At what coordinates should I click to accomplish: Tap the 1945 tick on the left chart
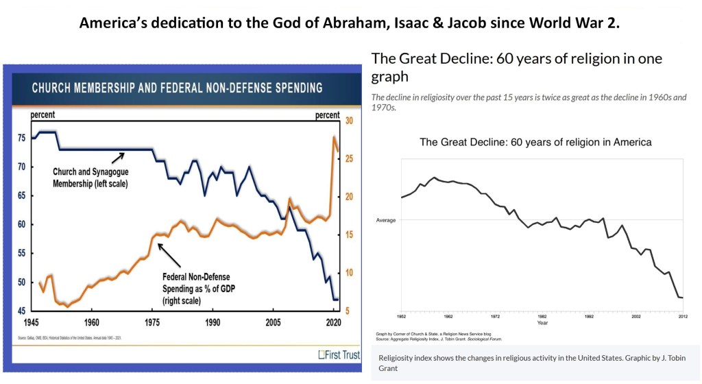click(x=31, y=322)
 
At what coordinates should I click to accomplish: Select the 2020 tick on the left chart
click(x=333, y=322)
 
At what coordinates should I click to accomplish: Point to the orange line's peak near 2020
click(x=335, y=138)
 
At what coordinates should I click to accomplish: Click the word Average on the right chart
click(x=387, y=220)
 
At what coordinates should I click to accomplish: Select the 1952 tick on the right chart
click(x=401, y=316)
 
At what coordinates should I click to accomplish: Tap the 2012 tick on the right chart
click(x=683, y=316)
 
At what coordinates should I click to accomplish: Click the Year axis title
click(x=542, y=322)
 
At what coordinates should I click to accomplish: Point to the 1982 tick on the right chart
click(x=542, y=316)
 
